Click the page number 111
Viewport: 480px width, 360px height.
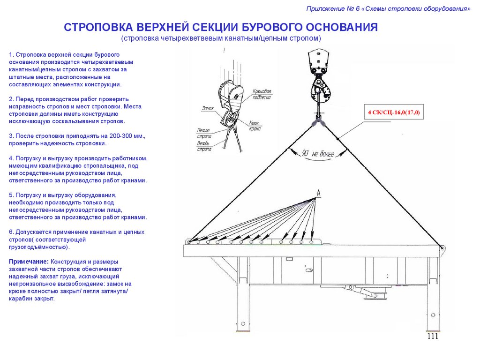tap(432, 337)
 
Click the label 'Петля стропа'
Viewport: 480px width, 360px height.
tap(203, 133)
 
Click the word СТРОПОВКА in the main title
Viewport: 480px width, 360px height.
tap(97, 27)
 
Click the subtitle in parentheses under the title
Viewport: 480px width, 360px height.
tap(221, 37)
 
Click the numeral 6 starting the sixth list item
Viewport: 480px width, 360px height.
tap(11, 232)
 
